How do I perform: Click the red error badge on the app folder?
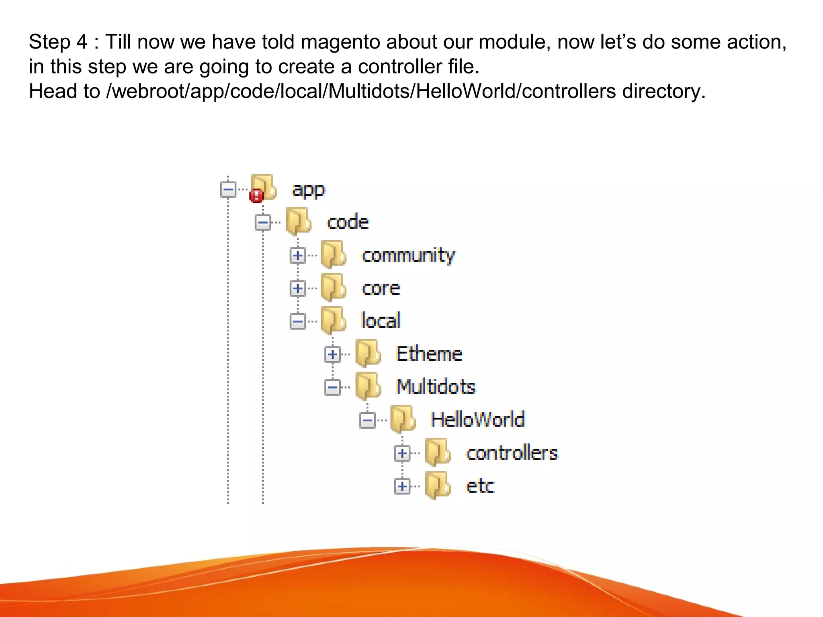[256, 196]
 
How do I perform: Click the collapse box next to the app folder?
[228, 190]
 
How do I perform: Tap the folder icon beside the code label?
[299, 221]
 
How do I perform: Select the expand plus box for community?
[298, 255]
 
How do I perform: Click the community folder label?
[408, 255]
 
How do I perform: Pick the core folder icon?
[333, 288]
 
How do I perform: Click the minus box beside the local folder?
[298, 321]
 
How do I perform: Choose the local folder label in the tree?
[381, 321]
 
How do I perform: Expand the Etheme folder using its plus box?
[332, 354]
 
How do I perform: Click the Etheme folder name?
[429, 354]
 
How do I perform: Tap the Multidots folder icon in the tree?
[368, 386]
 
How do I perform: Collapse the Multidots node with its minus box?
[332, 388]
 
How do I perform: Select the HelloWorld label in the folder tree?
[477, 420]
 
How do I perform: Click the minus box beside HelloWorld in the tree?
[367, 421]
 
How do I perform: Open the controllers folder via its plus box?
[402, 454]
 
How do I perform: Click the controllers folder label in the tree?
[512, 453]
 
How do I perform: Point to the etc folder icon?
[438, 485]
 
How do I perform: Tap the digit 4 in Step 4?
[82, 42]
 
